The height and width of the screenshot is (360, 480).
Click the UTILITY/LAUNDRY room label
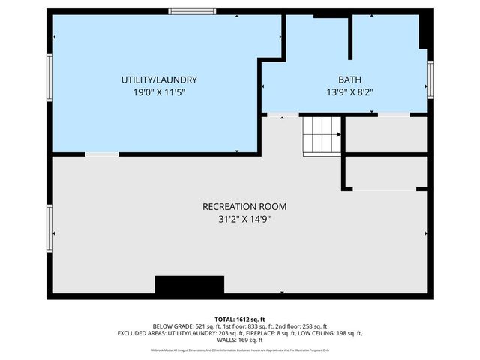159,79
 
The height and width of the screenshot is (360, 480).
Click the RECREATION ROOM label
244,206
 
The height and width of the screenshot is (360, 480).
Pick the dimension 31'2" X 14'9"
244,219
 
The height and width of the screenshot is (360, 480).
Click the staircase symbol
322,135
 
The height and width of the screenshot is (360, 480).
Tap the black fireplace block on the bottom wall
190,285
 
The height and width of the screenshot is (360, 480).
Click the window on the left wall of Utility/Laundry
50,78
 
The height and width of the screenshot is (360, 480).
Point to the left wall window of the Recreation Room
50,229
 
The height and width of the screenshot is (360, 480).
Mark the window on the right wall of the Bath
430,75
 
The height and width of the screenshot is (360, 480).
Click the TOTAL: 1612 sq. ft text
240,319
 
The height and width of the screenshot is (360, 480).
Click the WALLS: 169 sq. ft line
240,340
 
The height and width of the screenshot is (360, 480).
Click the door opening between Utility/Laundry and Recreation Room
101,154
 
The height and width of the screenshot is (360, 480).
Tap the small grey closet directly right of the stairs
385,135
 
